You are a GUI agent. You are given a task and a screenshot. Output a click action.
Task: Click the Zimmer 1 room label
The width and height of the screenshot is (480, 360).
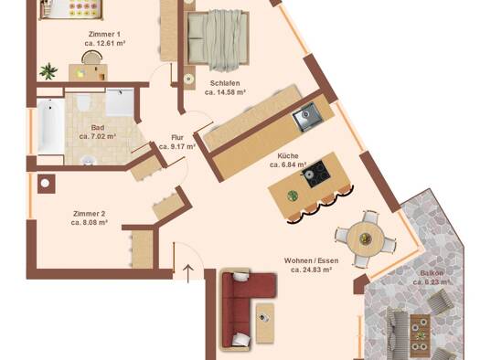pyautogui.click(x=104, y=34)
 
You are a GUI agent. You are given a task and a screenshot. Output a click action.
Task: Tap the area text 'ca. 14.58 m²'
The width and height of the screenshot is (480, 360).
pyautogui.click(x=225, y=92)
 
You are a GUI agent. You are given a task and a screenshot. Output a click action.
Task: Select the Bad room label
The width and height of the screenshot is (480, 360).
pyautogui.click(x=98, y=128)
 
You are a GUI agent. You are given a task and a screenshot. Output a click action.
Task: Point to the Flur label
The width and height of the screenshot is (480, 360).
pyautogui.click(x=177, y=138)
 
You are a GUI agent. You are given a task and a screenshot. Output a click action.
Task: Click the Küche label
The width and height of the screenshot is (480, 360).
pyautogui.click(x=288, y=156)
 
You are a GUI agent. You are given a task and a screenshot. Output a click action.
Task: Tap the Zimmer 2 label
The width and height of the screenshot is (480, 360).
pyautogui.click(x=89, y=214)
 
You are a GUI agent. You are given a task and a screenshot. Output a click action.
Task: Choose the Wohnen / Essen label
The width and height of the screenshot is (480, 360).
pyautogui.click(x=312, y=261)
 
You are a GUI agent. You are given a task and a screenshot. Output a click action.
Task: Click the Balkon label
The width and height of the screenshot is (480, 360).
pyautogui.click(x=432, y=273)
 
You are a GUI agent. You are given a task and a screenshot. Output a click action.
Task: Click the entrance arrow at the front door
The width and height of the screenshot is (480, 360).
pyautogui.click(x=188, y=273)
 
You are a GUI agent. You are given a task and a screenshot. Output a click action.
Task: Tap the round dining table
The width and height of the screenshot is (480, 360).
pyautogui.click(x=365, y=238)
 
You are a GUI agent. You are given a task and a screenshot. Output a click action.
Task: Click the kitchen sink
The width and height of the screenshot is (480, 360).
pyautogui.click(x=306, y=117)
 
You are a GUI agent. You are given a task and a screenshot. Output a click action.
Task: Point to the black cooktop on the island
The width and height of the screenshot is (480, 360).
pyautogui.click(x=317, y=174)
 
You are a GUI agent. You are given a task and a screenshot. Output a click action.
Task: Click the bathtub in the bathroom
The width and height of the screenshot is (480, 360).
pyautogui.click(x=50, y=126)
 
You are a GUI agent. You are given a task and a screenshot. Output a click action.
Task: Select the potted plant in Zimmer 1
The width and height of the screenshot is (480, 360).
pyautogui.click(x=48, y=71)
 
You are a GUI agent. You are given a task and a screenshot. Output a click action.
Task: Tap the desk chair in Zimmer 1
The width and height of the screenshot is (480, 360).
pyautogui.click(x=91, y=58)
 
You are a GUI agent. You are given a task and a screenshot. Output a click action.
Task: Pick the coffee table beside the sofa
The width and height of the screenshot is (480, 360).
pyautogui.click(x=265, y=323)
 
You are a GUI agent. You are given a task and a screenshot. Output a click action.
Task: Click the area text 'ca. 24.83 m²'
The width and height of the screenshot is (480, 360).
pyautogui.click(x=312, y=270)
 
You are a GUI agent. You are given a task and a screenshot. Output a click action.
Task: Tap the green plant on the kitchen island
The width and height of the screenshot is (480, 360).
pyautogui.click(x=293, y=196)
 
